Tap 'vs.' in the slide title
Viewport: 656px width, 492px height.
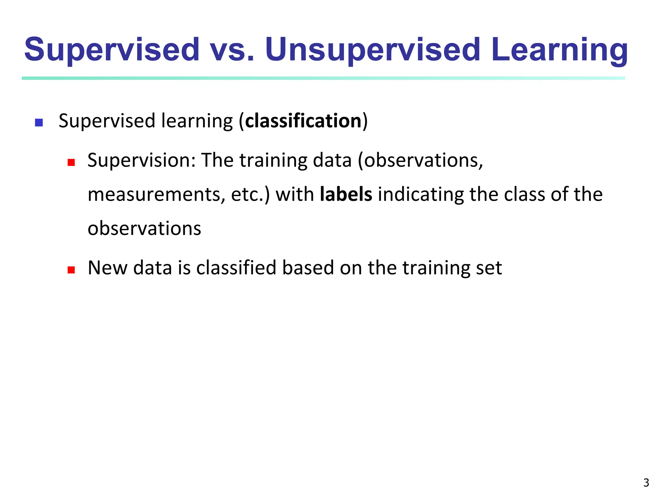[232, 50]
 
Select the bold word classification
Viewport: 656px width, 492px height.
[303, 121]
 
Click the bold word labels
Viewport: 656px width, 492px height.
[346, 194]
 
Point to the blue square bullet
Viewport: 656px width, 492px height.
[39, 123]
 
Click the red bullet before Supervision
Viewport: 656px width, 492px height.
[71, 162]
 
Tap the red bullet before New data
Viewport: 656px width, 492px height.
[71, 270]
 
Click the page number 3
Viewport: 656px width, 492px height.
[646, 482]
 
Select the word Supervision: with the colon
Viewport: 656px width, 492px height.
[141, 160]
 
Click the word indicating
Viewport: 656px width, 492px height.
[421, 195]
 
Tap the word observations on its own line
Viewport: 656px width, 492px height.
[144, 229]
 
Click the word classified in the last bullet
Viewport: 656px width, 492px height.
[236, 268]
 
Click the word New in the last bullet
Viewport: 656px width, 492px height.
[107, 268]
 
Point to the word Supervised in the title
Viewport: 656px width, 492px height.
[112, 50]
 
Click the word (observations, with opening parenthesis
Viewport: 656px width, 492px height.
[420, 160]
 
